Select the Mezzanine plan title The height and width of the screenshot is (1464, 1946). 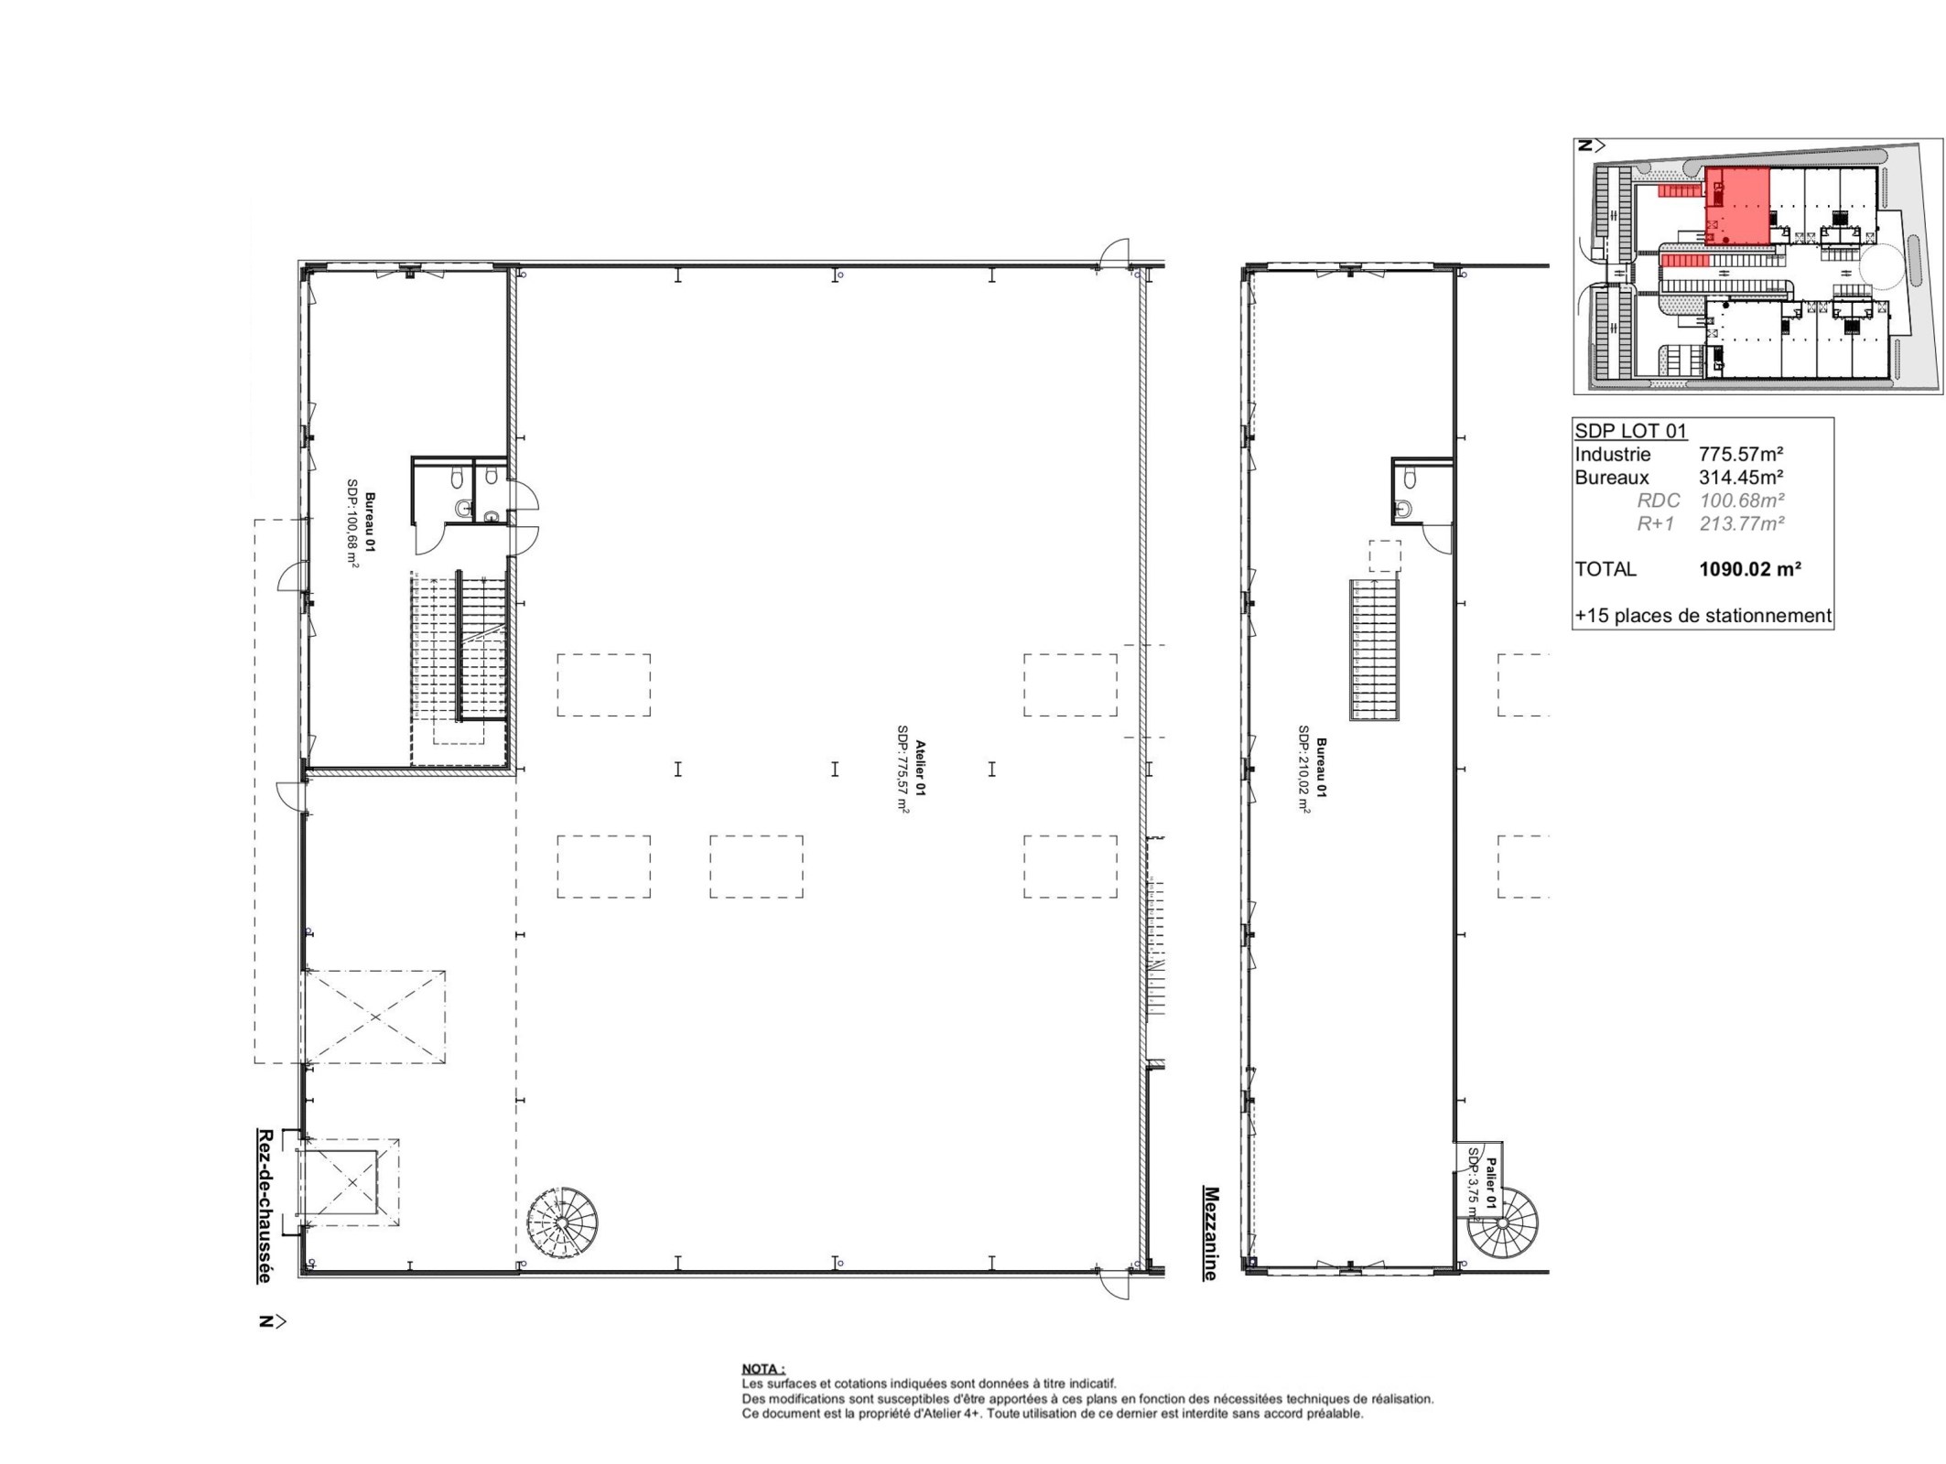pos(1210,1233)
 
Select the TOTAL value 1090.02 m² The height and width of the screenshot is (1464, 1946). pos(1750,568)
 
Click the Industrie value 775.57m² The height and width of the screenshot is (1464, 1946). pos(1741,454)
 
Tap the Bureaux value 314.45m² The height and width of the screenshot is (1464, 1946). pos(1741,477)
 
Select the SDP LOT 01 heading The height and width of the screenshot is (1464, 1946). pos(1630,431)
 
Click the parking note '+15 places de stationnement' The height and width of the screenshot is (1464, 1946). pos(1703,616)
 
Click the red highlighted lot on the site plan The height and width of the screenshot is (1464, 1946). pos(1736,206)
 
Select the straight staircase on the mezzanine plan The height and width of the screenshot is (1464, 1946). pos(1375,650)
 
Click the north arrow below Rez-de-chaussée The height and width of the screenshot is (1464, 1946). pos(272,1321)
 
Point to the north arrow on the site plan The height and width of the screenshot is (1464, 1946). pos(1591,145)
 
